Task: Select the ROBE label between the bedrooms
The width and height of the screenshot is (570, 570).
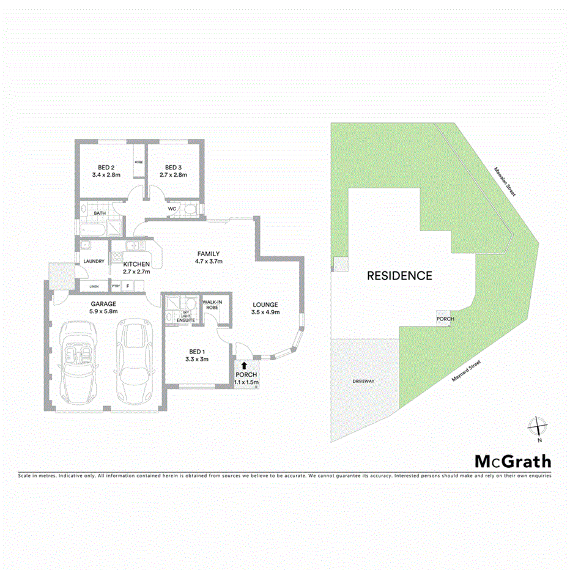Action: pos(139,163)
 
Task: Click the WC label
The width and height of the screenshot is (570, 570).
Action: pos(172,209)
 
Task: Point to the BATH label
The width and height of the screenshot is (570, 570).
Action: pos(99,213)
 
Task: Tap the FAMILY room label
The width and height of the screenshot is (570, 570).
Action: pos(208,254)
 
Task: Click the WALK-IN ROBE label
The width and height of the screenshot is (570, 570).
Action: pos(211,305)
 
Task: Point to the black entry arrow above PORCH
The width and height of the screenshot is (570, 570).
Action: pos(245,365)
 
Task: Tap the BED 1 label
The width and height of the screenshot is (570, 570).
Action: pos(196,351)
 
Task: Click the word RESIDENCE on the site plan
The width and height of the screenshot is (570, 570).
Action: pos(399,276)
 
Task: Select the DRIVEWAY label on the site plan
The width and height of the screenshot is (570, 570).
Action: pos(363,382)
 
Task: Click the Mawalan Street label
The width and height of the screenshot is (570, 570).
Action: pos(505,182)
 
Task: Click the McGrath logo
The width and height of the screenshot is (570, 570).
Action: pos(513,462)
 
